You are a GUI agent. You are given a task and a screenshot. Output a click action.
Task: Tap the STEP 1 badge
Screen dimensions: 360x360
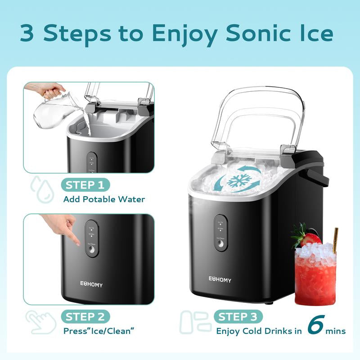tap(85, 184)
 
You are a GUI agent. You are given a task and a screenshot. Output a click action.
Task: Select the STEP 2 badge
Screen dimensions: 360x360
tap(85, 316)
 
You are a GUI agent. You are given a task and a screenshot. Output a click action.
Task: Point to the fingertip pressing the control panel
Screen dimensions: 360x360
tap(77, 243)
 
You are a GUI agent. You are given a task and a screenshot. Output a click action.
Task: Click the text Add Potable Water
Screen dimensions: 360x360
tap(104, 199)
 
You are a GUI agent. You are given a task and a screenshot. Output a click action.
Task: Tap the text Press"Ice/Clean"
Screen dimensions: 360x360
tap(99, 331)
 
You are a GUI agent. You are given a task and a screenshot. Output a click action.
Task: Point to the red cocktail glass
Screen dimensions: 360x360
tap(315, 274)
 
